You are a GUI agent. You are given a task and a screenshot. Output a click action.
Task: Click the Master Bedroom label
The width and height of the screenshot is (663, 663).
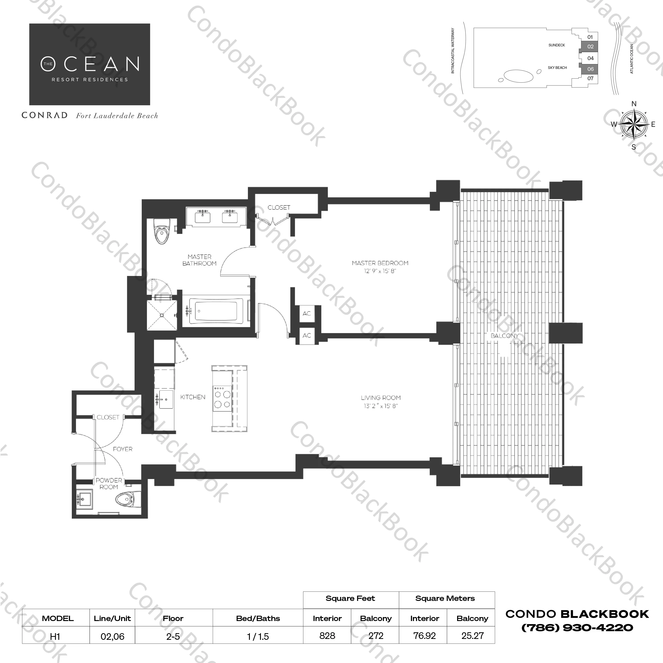pos(380,263)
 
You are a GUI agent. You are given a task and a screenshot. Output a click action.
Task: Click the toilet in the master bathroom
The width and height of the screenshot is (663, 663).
pos(161,231)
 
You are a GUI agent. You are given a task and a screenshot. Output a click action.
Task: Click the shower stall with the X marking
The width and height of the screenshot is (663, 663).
pos(162,315)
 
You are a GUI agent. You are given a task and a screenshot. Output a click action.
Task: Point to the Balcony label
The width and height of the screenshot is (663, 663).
pos(504,336)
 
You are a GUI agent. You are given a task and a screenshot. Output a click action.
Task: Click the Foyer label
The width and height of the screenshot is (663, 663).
pos(123,449)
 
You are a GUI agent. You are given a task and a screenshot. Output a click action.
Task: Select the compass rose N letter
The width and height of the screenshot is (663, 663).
pos(634,104)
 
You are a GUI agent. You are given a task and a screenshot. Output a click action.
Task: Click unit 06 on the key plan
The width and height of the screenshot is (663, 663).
pos(590,69)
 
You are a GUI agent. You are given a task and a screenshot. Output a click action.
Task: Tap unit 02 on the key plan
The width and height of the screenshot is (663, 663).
pos(590,47)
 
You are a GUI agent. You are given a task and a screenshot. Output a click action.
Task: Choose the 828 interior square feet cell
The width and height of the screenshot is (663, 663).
pos(327,636)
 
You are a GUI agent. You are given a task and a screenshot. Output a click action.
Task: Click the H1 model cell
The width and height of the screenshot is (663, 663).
pos(55,636)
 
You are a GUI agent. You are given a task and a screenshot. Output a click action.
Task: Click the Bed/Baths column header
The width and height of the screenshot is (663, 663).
pos(258,618)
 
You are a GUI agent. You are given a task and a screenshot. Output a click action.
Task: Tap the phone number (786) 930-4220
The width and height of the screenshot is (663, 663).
pos(577,628)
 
